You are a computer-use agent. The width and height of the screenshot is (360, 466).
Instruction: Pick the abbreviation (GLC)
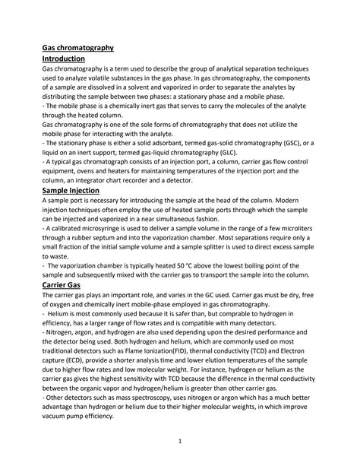coord(213,151)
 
